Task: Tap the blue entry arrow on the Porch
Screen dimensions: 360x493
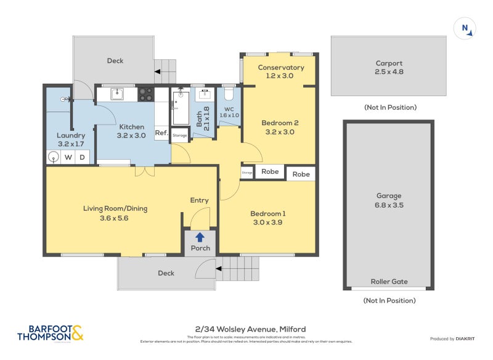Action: tap(200, 237)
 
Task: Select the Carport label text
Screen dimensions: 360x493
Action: tap(389, 63)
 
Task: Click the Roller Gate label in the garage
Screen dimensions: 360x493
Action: tap(389, 282)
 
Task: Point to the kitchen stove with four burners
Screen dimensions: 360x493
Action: tap(146, 94)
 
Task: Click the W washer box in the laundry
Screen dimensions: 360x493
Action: tap(68, 157)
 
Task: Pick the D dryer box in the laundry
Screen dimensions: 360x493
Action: tap(83, 157)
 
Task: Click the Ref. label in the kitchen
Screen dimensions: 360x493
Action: tap(161, 133)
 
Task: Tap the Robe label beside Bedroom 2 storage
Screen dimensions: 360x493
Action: tap(269, 172)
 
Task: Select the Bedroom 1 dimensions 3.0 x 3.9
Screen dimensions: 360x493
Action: tap(267, 223)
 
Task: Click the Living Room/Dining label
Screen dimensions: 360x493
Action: tap(115, 208)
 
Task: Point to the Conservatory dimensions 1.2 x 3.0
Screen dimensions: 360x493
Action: tap(280, 76)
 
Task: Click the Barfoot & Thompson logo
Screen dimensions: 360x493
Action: tap(50, 333)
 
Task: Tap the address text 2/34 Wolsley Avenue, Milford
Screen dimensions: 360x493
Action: tap(246, 329)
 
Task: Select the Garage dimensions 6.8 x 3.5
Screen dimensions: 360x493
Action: tap(389, 205)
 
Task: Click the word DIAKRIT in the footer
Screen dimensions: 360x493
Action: tap(469, 338)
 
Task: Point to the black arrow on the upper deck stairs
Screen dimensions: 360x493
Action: tap(158, 72)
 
